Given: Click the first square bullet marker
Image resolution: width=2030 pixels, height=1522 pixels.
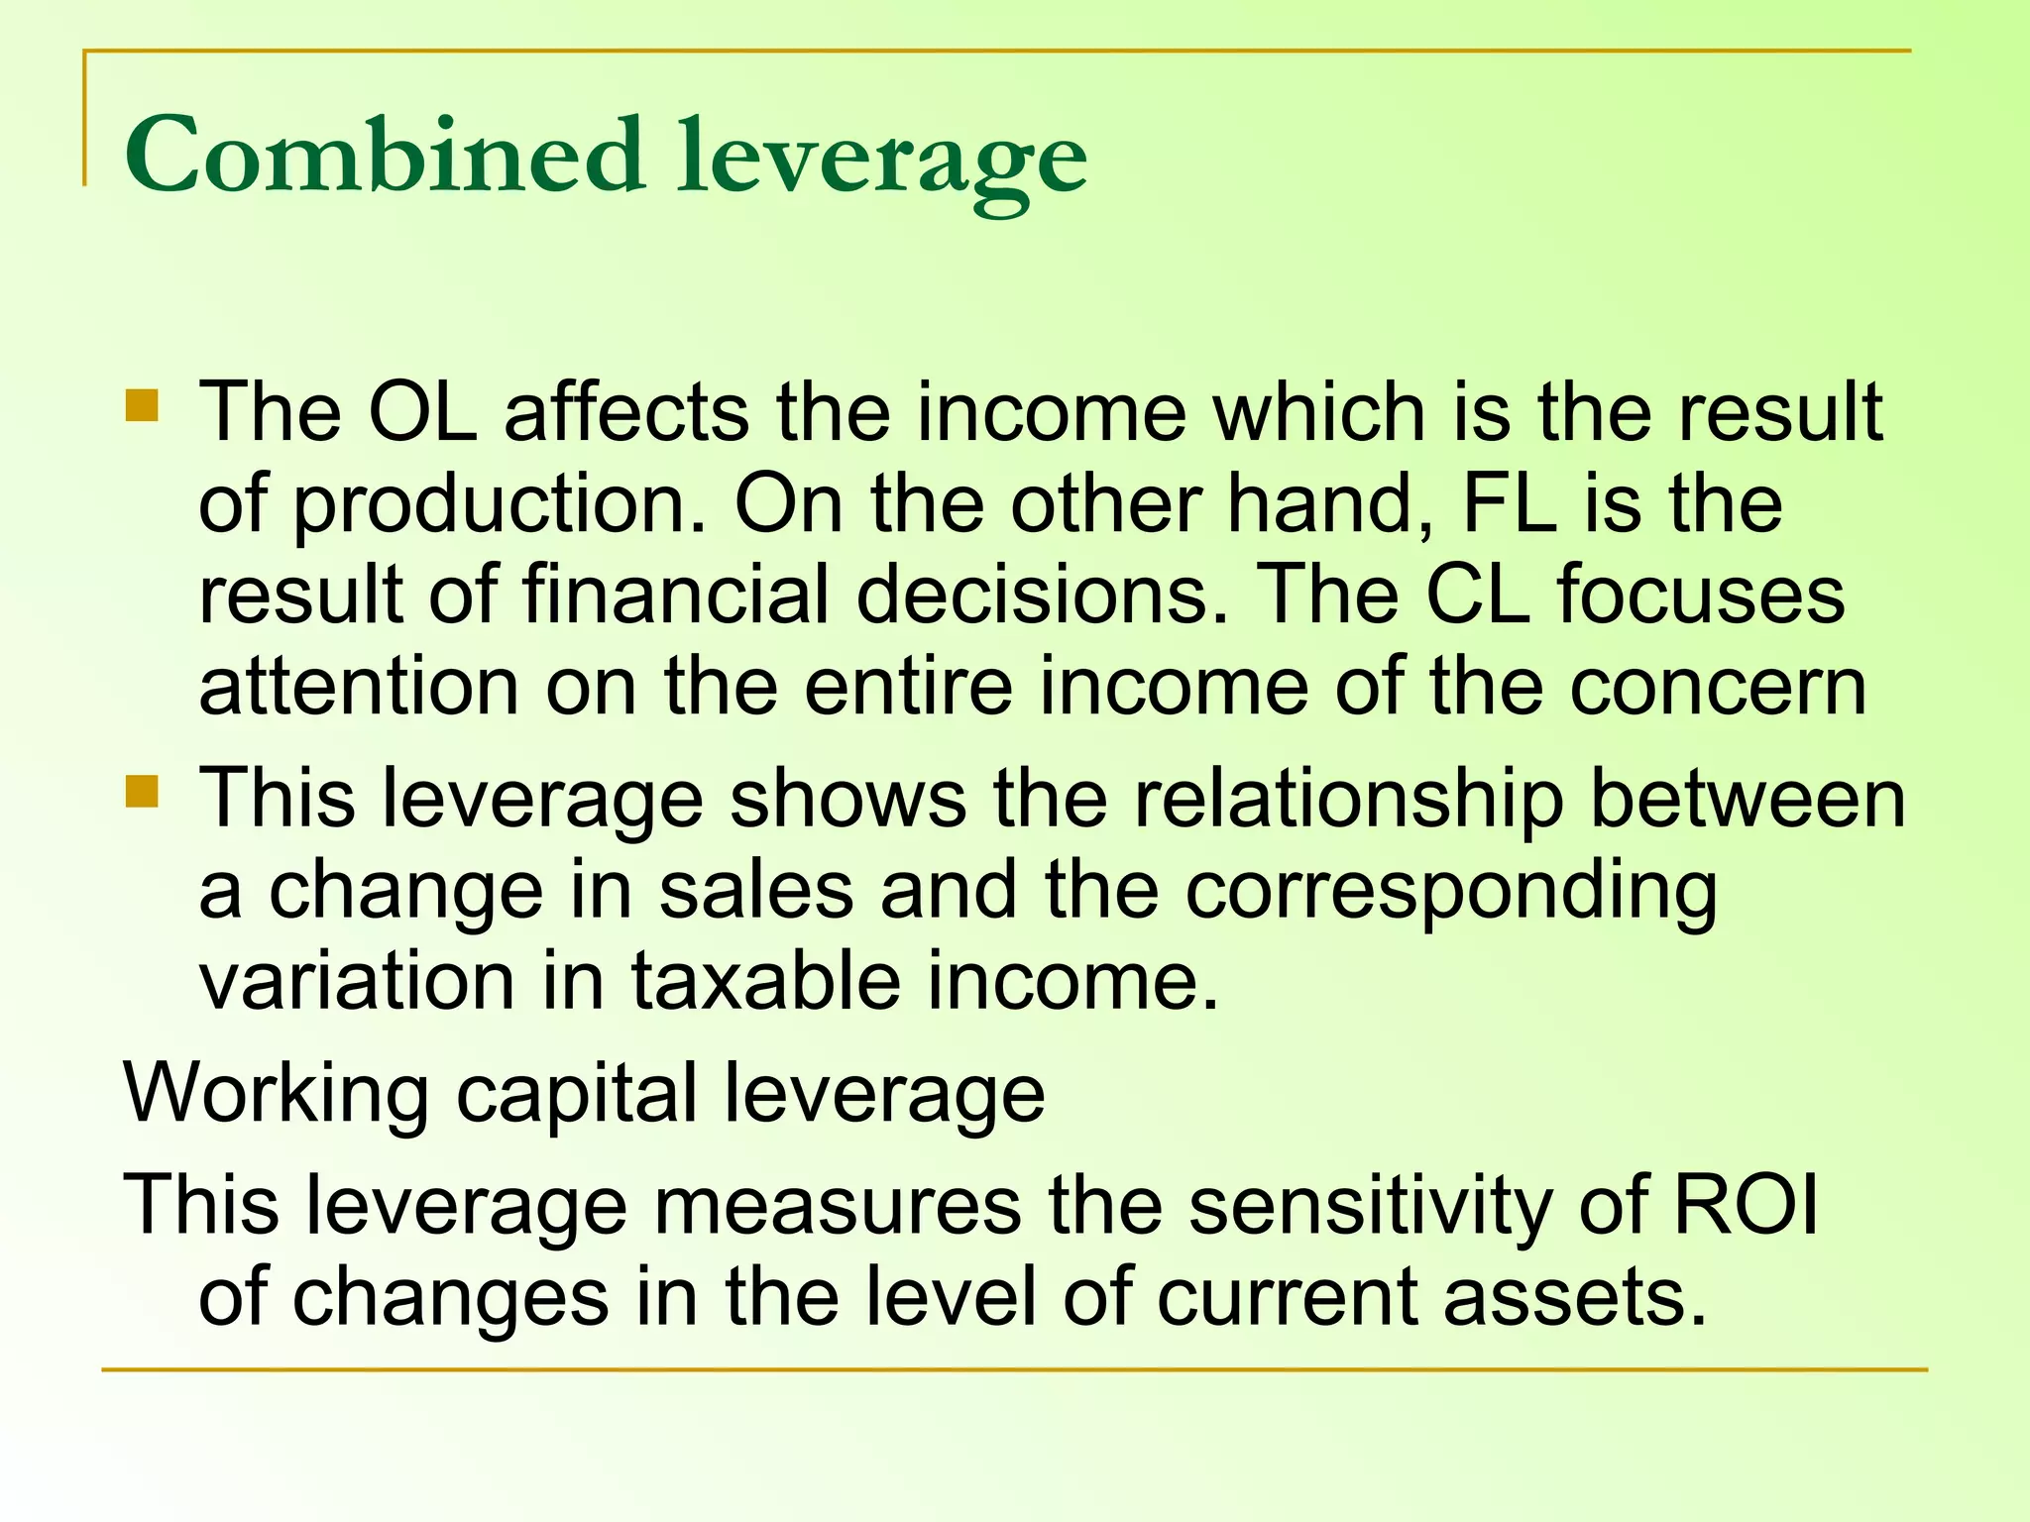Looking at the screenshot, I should point(143,405).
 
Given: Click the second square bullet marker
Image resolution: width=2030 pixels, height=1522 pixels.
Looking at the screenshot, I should point(143,792).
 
